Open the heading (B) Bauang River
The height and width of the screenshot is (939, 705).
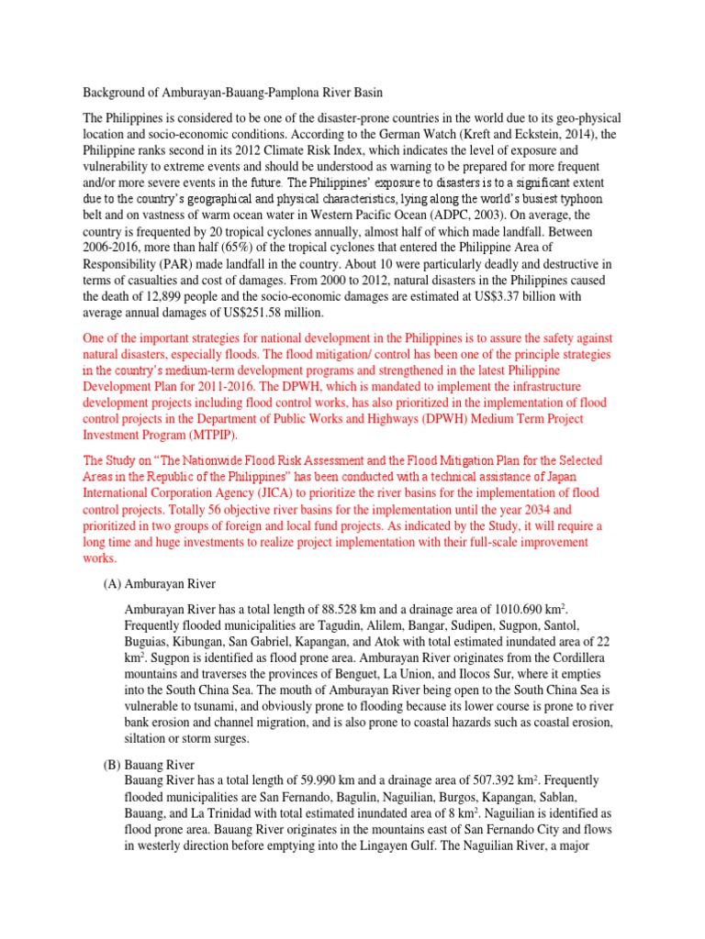pyautogui.click(x=149, y=764)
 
